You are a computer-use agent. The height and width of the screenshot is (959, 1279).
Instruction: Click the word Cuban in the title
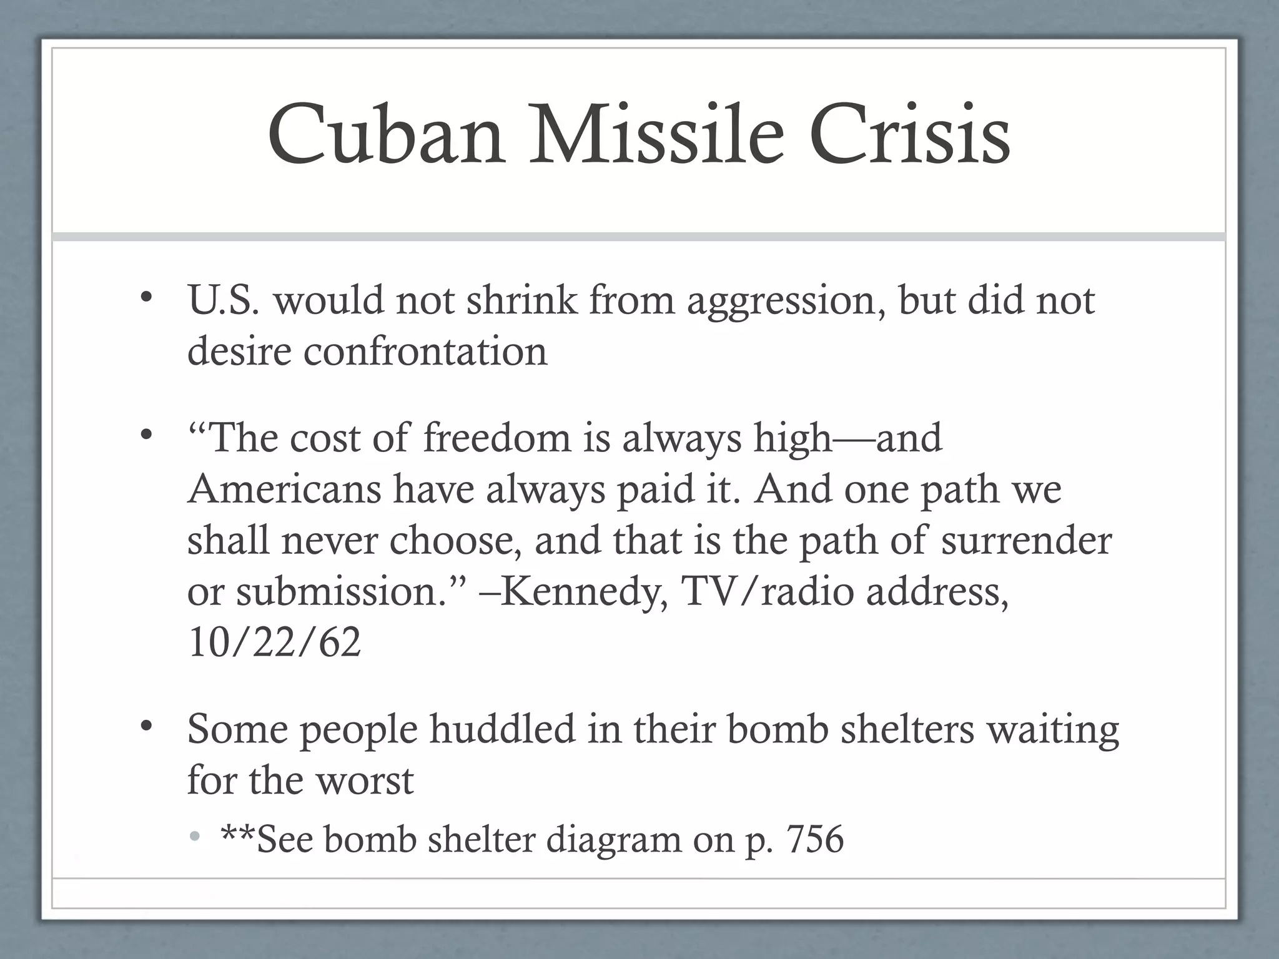(386, 136)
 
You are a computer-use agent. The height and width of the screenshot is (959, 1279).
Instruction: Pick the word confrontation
(425, 352)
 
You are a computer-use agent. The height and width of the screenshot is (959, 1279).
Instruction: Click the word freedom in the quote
(496, 438)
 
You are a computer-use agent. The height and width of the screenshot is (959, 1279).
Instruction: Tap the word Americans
(284, 489)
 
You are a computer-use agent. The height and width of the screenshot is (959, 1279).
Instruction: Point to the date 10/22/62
(274, 642)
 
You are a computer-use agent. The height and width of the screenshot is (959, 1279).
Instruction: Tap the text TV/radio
(768, 591)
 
